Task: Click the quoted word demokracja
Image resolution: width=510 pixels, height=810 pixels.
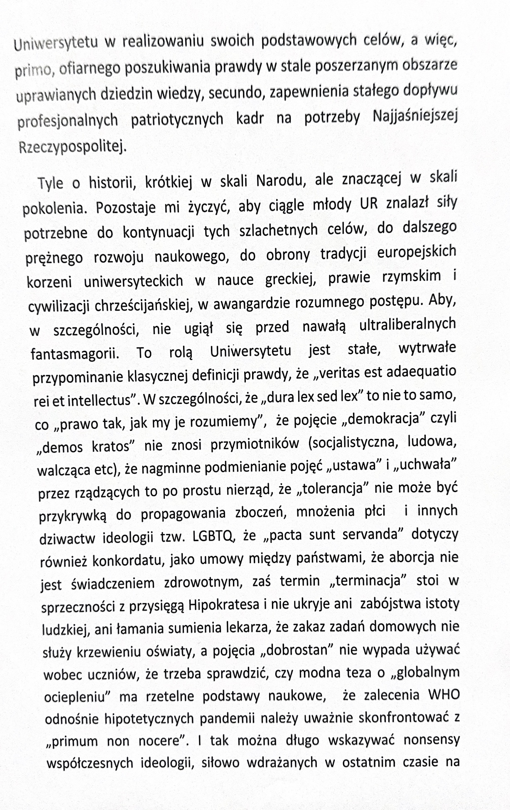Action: pos(379,419)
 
